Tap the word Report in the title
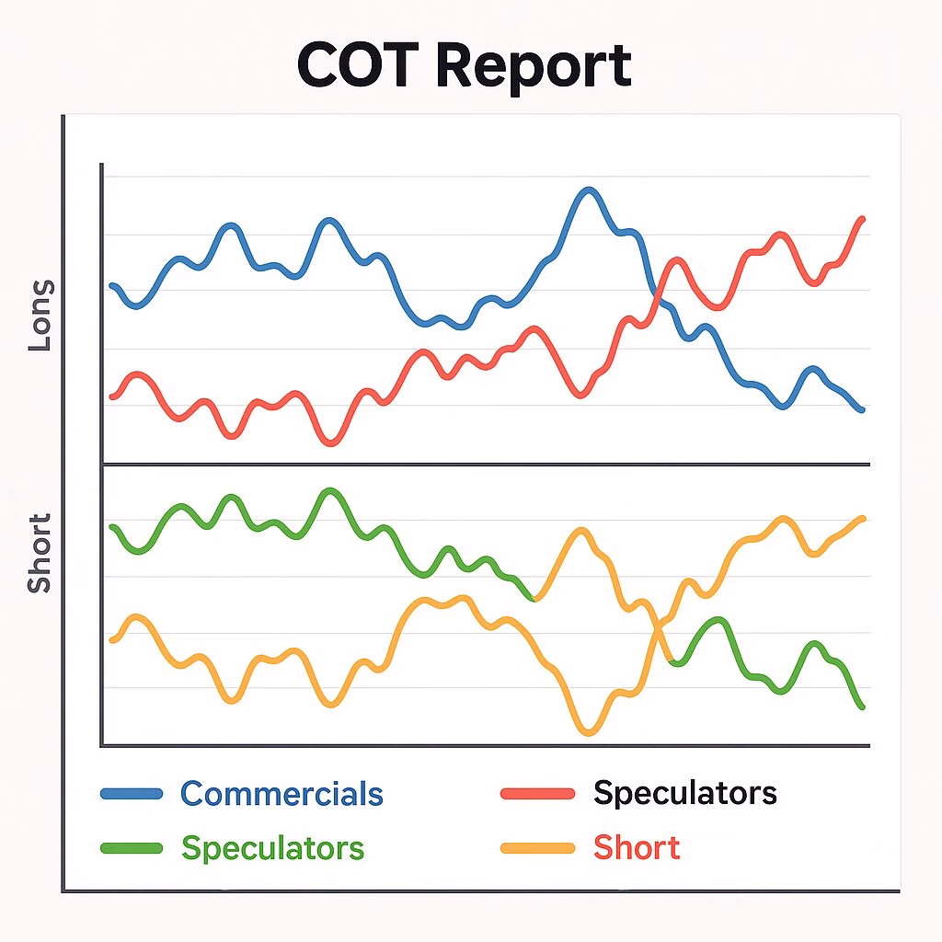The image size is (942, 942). point(534,66)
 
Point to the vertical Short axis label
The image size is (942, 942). point(40,554)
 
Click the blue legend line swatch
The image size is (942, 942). point(131,794)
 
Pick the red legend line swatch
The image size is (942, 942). point(537,794)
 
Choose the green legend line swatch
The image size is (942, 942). point(131,848)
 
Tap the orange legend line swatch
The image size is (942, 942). point(537,848)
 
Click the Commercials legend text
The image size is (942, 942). point(281,793)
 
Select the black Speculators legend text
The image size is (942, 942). point(685,792)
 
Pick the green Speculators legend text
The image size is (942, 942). point(272,847)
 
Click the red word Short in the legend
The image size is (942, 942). point(637,847)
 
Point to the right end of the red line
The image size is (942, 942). point(863,219)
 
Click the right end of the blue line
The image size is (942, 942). point(862,409)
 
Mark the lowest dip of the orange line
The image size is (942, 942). point(589,732)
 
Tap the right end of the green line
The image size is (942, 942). point(863,706)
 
